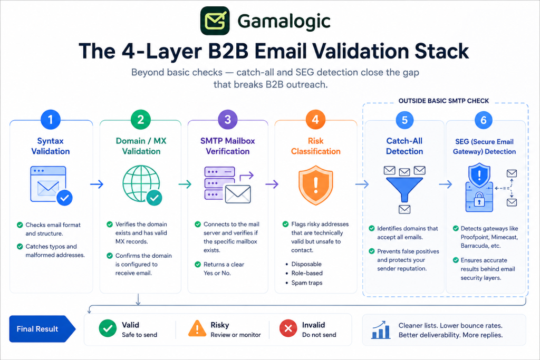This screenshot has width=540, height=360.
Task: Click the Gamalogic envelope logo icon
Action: pyautogui.click(x=215, y=21)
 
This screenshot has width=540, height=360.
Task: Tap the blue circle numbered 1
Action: pyautogui.click(x=51, y=120)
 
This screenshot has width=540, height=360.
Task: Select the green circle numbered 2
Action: pyautogui.click(x=140, y=120)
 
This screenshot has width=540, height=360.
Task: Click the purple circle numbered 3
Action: pyautogui.click(x=228, y=120)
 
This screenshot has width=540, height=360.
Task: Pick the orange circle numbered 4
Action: pyautogui.click(x=315, y=120)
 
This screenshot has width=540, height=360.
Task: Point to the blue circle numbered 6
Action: pyautogui.click(x=484, y=120)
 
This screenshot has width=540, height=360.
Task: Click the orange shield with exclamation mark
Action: pyautogui.click(x=316, y=185)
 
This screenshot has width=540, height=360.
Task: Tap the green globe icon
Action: pyautogui.click(x=141, y=184)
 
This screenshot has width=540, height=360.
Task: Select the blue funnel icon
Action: pyautogui.click(x=404, y=189)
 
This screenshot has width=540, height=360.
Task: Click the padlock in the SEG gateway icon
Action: pyautogui.click(x=479, y=199)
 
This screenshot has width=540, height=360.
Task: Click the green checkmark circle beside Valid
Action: pyautogui.click(x=108, y=328)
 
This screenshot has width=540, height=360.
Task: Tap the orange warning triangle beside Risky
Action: pyautogui.click(x=197, y=328)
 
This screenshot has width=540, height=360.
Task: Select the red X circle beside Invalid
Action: pyautogui.click(x=288, y=328)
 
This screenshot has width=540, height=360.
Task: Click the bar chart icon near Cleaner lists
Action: pyautogui.click(x=381, y=330)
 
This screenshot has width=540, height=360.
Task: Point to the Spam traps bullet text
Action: pyautogui.click(x=307, y=283)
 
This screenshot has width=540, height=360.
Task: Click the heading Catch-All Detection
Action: pyautogui.click(x=404, y=146)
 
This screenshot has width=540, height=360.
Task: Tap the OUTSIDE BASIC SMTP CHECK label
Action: pyautogui.click(x=443, y=101)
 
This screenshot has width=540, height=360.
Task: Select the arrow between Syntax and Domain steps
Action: pyautogui.click(x=97, y=184)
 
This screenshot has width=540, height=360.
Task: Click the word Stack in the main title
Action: pyautogui.click(x=441, y=51)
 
